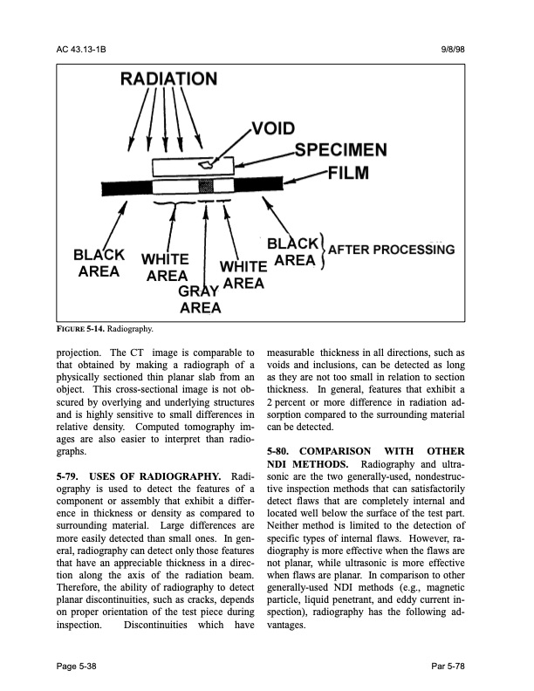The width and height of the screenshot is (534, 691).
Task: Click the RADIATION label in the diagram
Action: [169, 80]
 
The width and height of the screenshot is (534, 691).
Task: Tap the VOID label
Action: [277, 131]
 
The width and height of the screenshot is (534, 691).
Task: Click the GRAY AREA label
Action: [200, 299]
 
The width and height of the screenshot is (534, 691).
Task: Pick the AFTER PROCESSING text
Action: [391, 250]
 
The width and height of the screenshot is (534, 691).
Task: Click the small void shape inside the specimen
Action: [206, 162]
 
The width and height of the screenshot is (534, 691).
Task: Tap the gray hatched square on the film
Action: [207, 187]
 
